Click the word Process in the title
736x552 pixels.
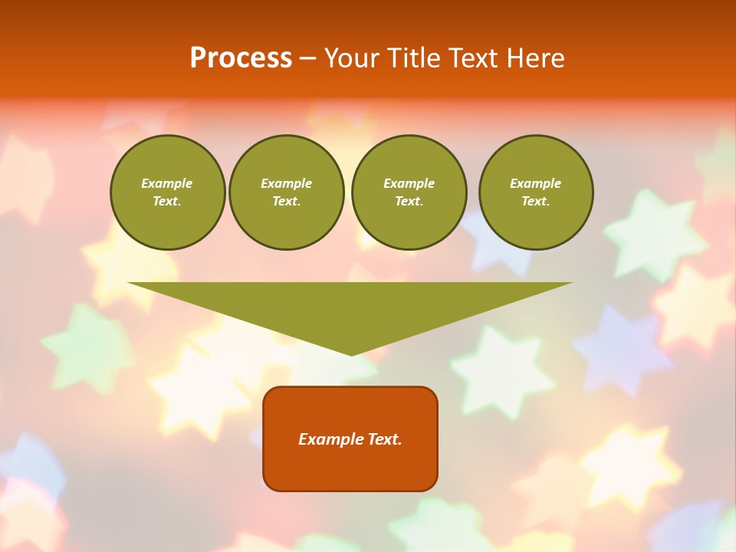tap(241, 58)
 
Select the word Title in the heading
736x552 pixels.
tap(416, 58)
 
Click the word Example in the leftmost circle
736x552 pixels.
tap(167, 183)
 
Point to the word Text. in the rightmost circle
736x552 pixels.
tap(536, 201)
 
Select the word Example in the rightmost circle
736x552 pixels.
tap(536, 183)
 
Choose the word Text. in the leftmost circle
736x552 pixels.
tap(167, 201)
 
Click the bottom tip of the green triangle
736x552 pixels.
tap(351, 353)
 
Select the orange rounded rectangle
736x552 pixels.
tap(350, 468)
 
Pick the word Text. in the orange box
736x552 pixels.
tap(384, 439)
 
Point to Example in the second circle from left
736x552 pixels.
tap(287, 183)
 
